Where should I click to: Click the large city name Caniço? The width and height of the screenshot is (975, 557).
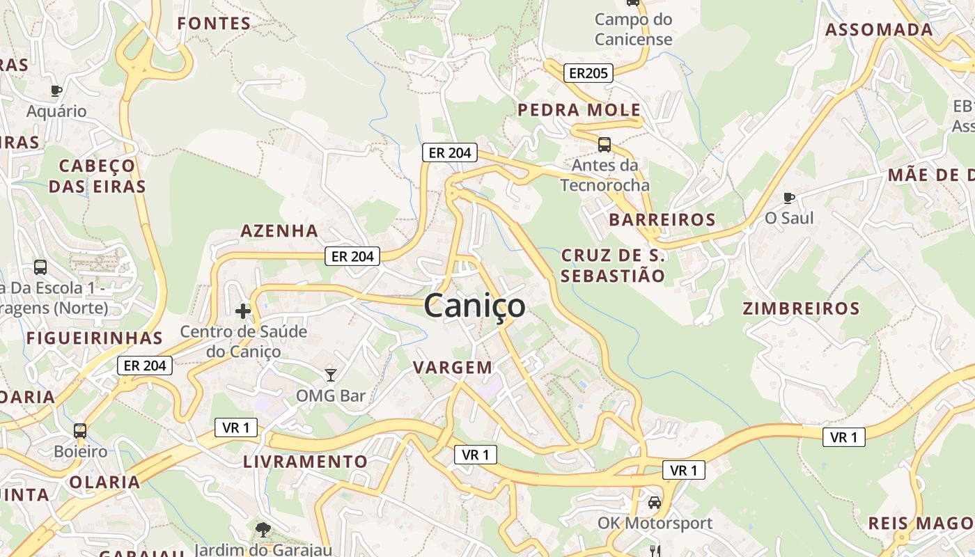pos(474,306)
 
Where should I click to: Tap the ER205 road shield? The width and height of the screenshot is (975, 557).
pos(588,72)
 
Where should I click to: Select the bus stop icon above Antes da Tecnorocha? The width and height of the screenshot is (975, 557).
pos(604,145)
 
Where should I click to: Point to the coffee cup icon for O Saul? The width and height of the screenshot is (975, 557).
pos(788,198)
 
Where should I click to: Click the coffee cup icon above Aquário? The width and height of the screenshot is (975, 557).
pos(56,91)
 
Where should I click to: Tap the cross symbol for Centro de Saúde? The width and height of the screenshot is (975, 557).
pos(243,311)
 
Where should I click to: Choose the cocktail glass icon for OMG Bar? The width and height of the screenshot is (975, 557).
pos(331,375)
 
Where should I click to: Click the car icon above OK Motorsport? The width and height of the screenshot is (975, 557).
pos(654,502)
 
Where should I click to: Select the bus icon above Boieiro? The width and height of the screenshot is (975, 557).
pos(80,431)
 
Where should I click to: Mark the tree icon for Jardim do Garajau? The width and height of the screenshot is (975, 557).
pos(263,530)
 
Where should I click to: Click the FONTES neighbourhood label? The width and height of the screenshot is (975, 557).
pos(214,24)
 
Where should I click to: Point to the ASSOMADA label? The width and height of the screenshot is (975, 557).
pos(879,30)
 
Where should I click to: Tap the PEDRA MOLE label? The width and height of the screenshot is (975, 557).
pos(579,110)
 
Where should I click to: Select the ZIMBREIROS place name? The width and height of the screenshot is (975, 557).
pos(801,308)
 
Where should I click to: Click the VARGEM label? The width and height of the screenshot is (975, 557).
pos(453,367)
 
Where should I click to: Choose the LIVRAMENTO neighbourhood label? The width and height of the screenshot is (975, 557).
pos(305,462)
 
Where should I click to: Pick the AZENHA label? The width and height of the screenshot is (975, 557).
pos(279,230)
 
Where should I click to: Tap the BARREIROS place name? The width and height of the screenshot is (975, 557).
pos(662,220)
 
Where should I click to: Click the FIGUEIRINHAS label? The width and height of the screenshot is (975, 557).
pos(94,338)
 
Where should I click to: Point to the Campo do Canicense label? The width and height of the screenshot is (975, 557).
pos(633,29)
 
